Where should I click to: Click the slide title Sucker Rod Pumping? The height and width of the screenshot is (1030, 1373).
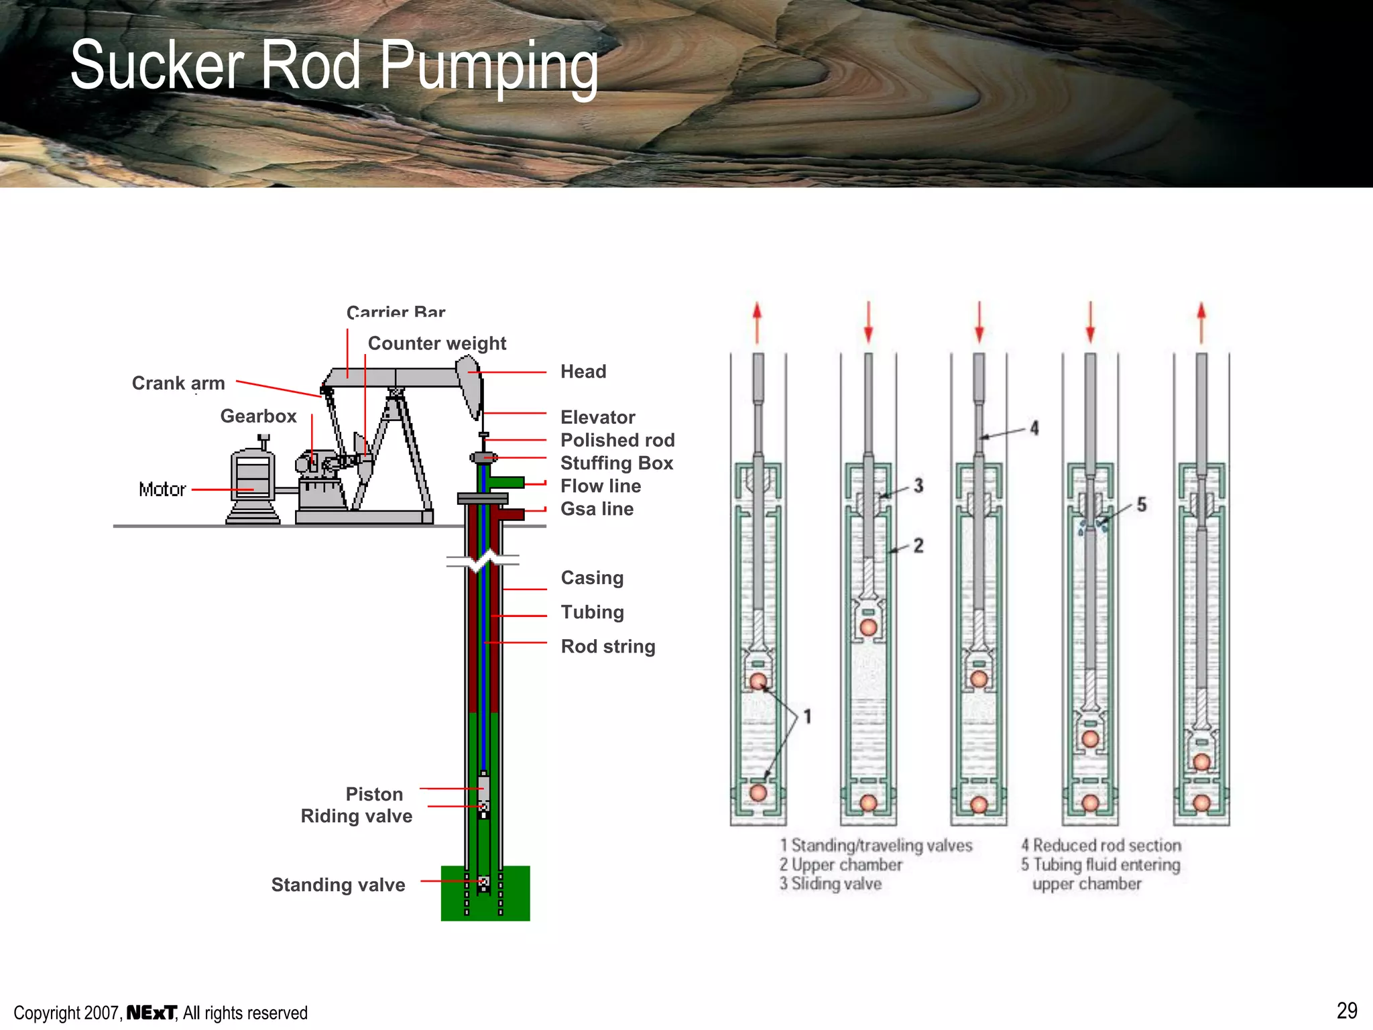click(334, 66)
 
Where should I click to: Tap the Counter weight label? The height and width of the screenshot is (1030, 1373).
click(436, 343)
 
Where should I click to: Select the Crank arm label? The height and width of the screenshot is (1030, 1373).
click(178, 383)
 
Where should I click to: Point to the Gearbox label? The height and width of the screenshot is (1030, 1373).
click(258, 416)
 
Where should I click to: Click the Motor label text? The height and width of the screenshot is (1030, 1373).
click(162, 490)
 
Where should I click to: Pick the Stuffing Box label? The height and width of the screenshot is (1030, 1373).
click(616, 463)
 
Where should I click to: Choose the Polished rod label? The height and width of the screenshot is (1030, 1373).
click(617, 440)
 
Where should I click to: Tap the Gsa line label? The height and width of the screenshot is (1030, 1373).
click(597, 509)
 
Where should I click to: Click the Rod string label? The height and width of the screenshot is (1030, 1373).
click(607, 646)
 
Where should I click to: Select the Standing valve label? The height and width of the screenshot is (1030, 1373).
click(338, 884)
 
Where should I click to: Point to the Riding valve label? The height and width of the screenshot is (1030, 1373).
click(356, 815)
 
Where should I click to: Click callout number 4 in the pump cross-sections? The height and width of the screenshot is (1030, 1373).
click(1034, 428)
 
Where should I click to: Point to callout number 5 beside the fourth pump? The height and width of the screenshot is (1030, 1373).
click(1141, 504)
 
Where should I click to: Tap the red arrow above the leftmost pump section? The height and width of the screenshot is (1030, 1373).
click(758, 323)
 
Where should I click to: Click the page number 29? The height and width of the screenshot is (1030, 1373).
click(1346, 1011)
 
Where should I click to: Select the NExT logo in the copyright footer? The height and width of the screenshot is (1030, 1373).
click(152, 1013)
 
